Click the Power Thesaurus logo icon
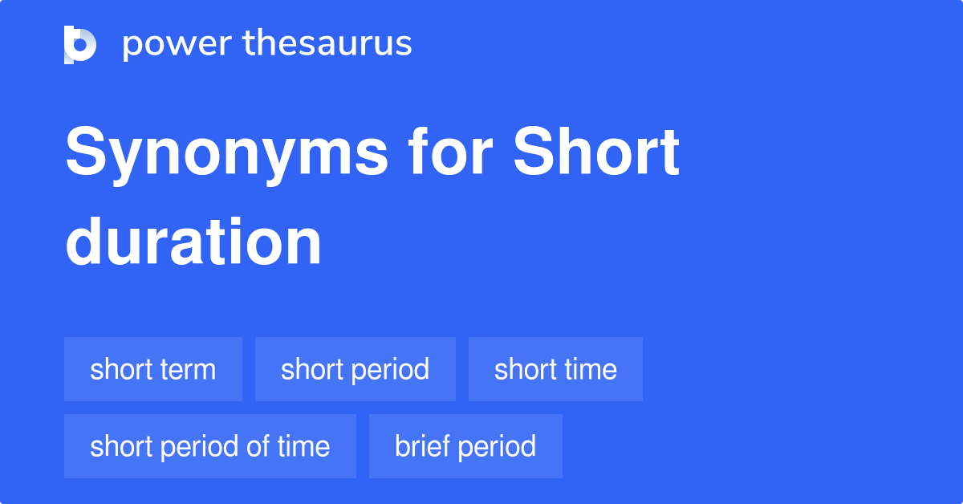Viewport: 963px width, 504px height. (80, 45)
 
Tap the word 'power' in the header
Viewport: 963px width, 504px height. (177, 45)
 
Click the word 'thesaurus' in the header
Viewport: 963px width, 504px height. (327, 43)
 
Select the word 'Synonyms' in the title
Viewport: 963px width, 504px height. (227, 154)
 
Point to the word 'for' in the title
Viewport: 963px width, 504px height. (450, 151)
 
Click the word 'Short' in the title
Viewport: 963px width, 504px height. (595, 151)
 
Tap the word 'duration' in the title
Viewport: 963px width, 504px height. (193, 242)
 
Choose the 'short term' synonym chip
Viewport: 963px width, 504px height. (153, 369)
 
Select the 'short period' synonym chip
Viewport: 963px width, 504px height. (355, 369)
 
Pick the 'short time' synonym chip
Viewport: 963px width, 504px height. (555, 369)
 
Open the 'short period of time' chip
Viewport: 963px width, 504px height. (209, 446)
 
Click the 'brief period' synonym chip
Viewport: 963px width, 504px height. (465, 446)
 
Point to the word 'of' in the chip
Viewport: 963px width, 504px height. (258, 445)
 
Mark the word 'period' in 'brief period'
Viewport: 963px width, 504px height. (497, 448)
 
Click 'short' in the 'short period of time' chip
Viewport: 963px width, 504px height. (121, 445)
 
